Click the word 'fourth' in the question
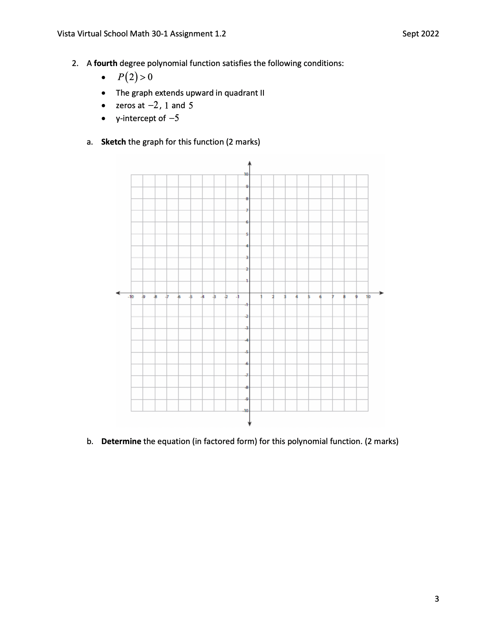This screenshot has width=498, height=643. click(x=105, y=63)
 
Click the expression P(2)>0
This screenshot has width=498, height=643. click(x=135, y=77)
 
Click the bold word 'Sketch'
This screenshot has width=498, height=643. click(x=113, y=142)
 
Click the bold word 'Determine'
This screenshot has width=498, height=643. click(x=121, y=441)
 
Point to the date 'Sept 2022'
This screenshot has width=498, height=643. click(x=420, y=34)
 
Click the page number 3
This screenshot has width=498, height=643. click(x=436, y=599)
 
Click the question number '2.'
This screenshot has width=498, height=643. click(x=75, y=63)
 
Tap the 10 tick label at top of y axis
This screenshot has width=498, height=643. click(x=246, y=174)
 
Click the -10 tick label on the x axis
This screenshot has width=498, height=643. click(x=131, y=296)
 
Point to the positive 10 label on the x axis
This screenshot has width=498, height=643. click(x=368, y=296)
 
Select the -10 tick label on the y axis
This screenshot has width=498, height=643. click(x=246, y=411)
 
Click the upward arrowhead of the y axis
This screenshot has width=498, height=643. click(x=249, y=163)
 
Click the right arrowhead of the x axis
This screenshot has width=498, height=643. click(x=382, y=293)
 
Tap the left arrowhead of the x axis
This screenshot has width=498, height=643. click(x=118, y=293)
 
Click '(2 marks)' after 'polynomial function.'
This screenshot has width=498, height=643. click(x=381, y=441)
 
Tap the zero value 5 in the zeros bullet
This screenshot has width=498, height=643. click(x=191, y=106)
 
